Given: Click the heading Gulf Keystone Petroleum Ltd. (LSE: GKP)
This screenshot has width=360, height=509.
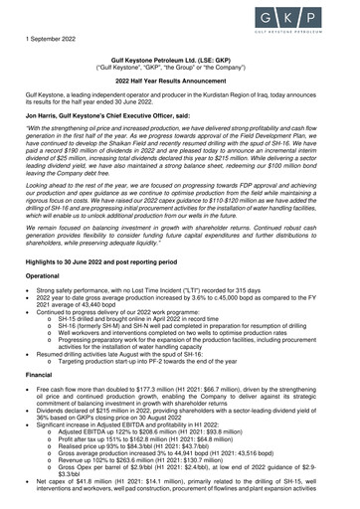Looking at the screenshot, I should (x=179, y=60).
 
